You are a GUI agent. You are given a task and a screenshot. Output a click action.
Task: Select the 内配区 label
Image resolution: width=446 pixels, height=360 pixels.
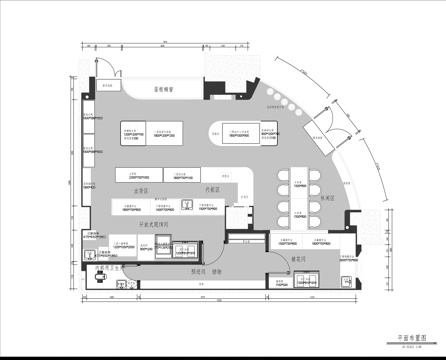pos(212,188)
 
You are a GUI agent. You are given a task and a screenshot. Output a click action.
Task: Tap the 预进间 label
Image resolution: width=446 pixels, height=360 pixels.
pos(198,270)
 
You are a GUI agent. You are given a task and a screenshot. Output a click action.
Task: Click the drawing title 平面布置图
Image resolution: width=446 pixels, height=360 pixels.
pos(408,338)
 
